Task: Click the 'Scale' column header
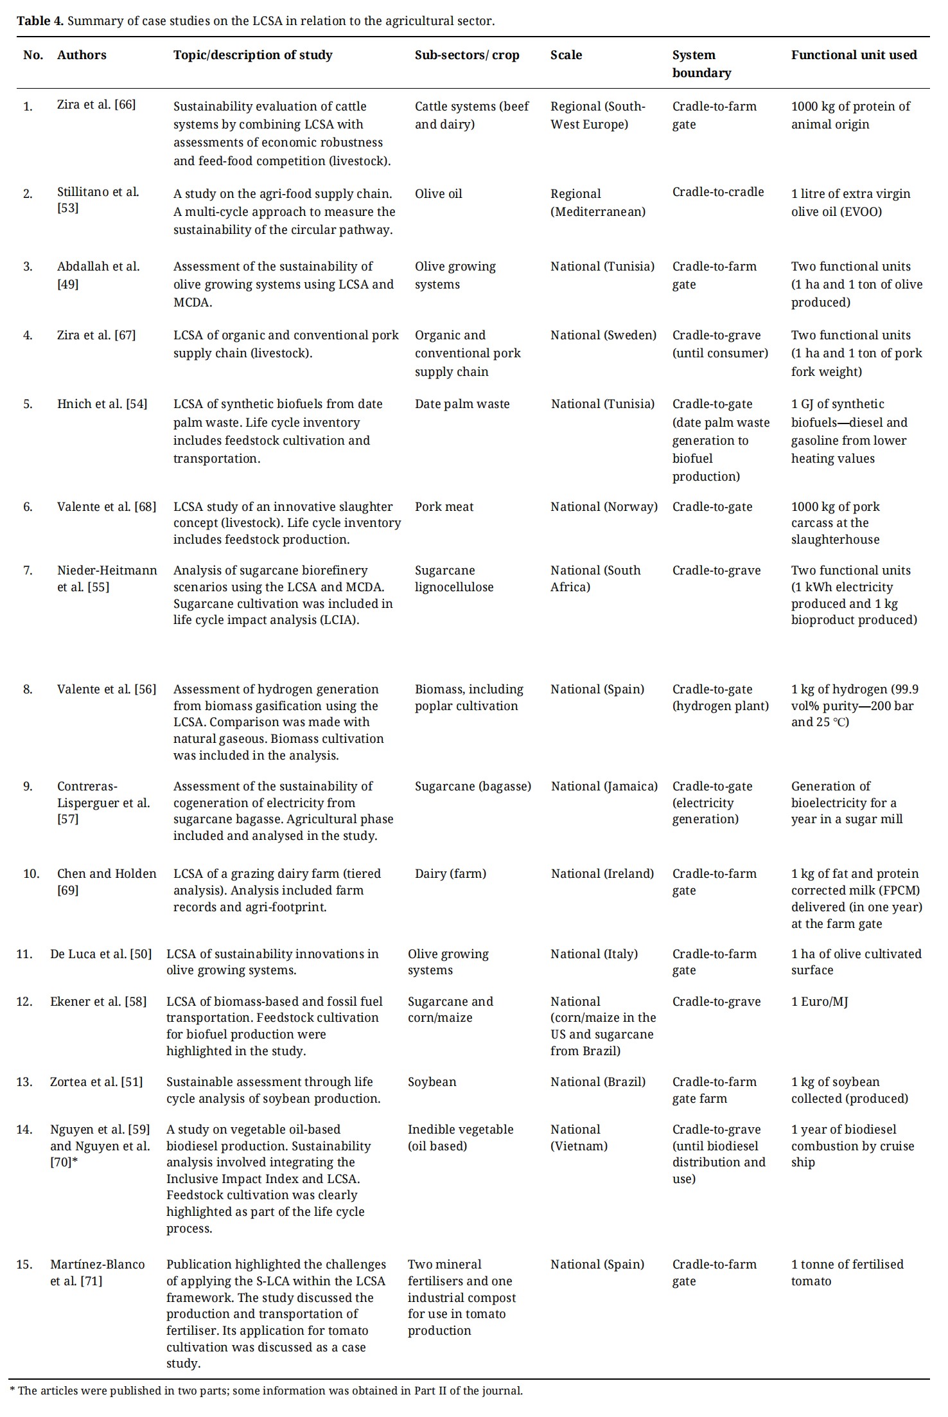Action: point(566,55)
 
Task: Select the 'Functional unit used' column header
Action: point(854,55)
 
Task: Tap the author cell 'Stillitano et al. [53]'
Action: point(98,200)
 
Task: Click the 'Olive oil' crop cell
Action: point(438,194)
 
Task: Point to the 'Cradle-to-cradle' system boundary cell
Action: point(717,192)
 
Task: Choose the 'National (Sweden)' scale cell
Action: point(603,335)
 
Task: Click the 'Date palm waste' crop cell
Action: point(462,404)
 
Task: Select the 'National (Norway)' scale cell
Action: point(604,507)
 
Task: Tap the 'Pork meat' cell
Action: point(444,507)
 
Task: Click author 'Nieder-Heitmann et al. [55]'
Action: point(107,578)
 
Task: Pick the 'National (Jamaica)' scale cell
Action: point(604,787)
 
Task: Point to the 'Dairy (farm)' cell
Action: point(450,874)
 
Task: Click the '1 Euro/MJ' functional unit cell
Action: point(819,1002)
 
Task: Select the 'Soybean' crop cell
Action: point(432,1082)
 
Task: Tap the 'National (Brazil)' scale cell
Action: point(597,1082)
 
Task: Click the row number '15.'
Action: point(24,1265)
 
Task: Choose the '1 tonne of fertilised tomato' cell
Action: point(847,1272)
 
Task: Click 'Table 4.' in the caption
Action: point(40,21)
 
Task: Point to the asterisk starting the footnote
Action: point(12,1390)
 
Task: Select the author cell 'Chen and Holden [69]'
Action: point(107,882)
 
